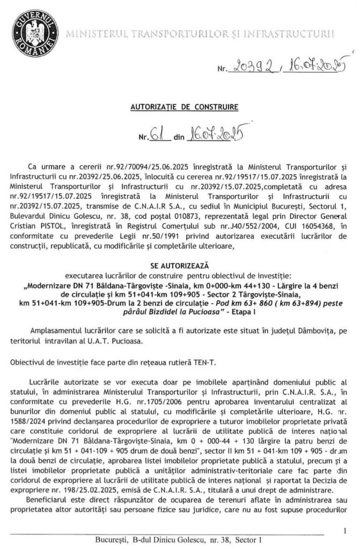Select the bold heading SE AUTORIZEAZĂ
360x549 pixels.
coord(180,265)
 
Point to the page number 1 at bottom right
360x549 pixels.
coord(343,531)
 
